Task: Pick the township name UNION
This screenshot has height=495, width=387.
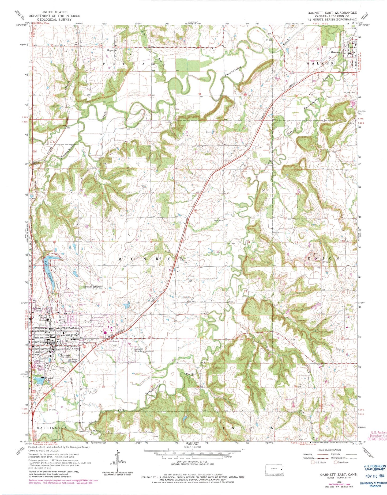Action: click(x=324, y=259)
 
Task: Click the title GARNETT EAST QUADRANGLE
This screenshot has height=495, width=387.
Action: click(x=332, y=13)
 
